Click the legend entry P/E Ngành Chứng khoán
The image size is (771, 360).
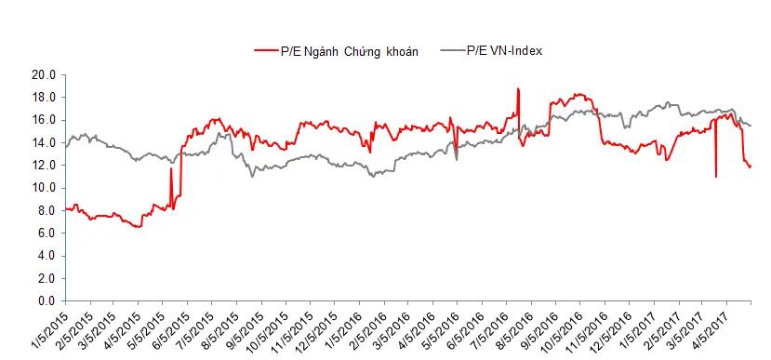coord(350,52)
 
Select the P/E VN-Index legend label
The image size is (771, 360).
coord(504,50)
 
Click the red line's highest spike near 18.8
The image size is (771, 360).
coord(518,88)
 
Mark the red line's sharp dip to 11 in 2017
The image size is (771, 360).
coord(716,177)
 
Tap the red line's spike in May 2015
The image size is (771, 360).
coord(171,168)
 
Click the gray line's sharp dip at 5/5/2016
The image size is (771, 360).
coord(457,159)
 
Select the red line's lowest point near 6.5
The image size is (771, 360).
coord(140,227)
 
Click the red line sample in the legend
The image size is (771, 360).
coord(266,50)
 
